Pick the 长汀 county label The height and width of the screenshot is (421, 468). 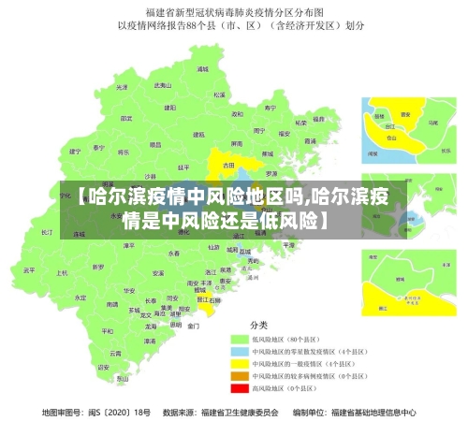point(48,230)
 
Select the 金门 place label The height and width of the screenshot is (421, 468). point(193,327)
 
